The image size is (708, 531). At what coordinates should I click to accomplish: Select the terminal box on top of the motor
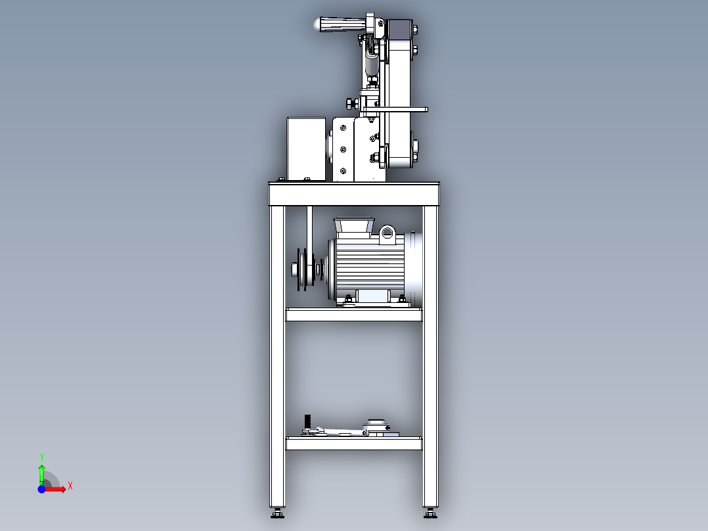pyautogui.click(x=354, y=226)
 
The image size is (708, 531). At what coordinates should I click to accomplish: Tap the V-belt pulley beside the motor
pyautogui.click(x=304, y=268)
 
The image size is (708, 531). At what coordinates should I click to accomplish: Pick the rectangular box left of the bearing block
pyautogui.click(x=306, y=149)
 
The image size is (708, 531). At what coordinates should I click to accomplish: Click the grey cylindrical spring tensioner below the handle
pyautogui.click(x=372, y=66)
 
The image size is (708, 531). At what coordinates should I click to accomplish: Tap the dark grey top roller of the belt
pyautogui.click(x=398, y=30)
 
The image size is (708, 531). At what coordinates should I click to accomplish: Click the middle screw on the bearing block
pyautogui.click(x=343, y=149)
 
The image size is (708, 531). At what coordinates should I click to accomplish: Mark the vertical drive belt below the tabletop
pyautogui.click(x=309, y=227)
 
